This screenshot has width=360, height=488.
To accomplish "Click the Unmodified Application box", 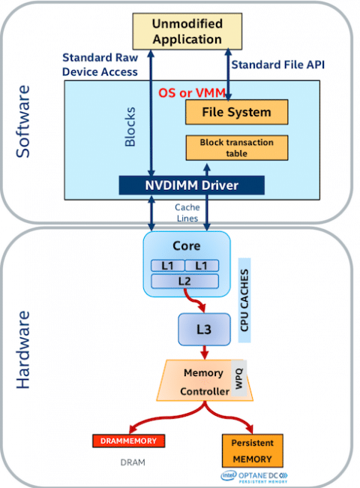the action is [187, 31].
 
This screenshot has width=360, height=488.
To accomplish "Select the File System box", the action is [236, 112].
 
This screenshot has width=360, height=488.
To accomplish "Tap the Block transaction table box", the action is [236, 147].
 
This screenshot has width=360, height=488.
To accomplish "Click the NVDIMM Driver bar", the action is [191, 185].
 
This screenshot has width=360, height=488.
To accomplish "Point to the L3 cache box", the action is [204, 330].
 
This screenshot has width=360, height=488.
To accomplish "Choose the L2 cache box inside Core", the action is [184, 282].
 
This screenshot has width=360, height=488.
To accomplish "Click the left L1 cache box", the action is [168, 266].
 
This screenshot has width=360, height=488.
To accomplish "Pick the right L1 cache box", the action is [202, 266].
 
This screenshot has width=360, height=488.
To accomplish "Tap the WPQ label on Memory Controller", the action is [239, 378].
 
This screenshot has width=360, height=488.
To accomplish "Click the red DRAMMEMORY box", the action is [128, 441].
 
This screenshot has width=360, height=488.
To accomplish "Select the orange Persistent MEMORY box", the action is [253, 450].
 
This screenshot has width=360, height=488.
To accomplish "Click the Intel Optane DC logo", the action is [254, 477].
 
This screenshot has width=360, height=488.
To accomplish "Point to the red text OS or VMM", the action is [192, 93].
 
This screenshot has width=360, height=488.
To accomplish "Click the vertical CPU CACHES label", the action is [244, 300].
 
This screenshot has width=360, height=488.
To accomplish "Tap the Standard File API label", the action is [278, 65].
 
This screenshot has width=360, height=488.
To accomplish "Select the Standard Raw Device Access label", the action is [100, 65].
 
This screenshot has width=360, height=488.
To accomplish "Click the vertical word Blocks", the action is [130, 127].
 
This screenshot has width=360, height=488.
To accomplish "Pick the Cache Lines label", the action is [187, 213].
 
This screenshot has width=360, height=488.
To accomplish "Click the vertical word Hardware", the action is [23, 350].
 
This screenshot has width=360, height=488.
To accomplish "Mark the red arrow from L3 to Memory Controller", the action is [204, 352].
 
